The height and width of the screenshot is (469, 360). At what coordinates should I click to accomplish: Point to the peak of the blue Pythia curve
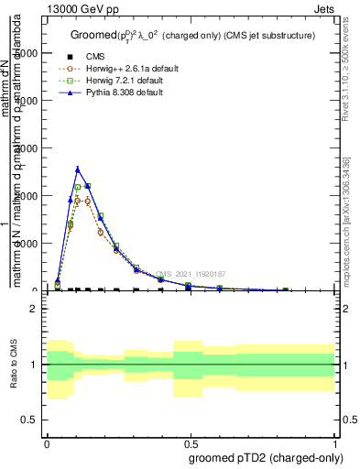pyautogui.click(x=78, y=169)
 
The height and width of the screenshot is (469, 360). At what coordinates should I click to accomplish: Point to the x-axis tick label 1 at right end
pyautogui.click(x=335, y=442)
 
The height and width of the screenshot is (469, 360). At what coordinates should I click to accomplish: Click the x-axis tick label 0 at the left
pyautogui.click(x=47, y=442)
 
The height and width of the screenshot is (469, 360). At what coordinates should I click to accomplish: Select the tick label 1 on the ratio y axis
pyautogui.click(x=34, y=365)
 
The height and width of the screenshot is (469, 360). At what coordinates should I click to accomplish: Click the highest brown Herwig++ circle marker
pyautogui.click(x=78, y=199)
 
